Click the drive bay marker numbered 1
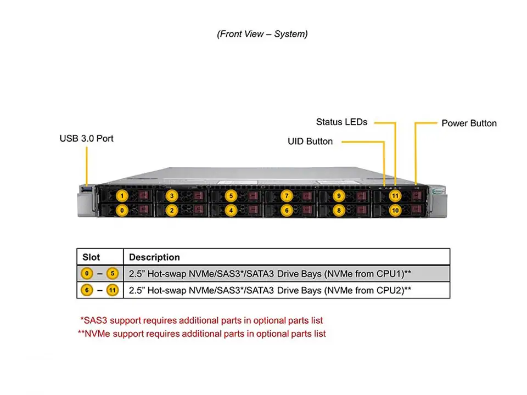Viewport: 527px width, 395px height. point(122,195)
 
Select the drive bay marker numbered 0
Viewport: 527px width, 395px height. point(122,210)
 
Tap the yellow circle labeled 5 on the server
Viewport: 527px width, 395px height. point(231,195)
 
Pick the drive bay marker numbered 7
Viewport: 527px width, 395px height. point(285,195)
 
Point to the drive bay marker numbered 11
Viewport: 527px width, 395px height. point(395,195)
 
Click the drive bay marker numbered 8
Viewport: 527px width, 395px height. point(339,210)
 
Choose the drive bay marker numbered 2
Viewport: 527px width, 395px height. point(171,210)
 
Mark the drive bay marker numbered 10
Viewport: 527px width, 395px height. point(395,210)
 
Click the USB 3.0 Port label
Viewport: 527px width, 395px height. point(86,139)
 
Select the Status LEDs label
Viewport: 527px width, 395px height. point(341,122)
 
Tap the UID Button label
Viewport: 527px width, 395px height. point(310,142)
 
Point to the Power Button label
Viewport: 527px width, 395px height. point(469,123)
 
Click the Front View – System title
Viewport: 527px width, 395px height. point(262,34)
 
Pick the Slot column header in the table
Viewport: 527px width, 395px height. point(91,257)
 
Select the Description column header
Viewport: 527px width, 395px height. point(154,257)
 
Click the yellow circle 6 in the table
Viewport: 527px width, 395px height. point(86,290)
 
